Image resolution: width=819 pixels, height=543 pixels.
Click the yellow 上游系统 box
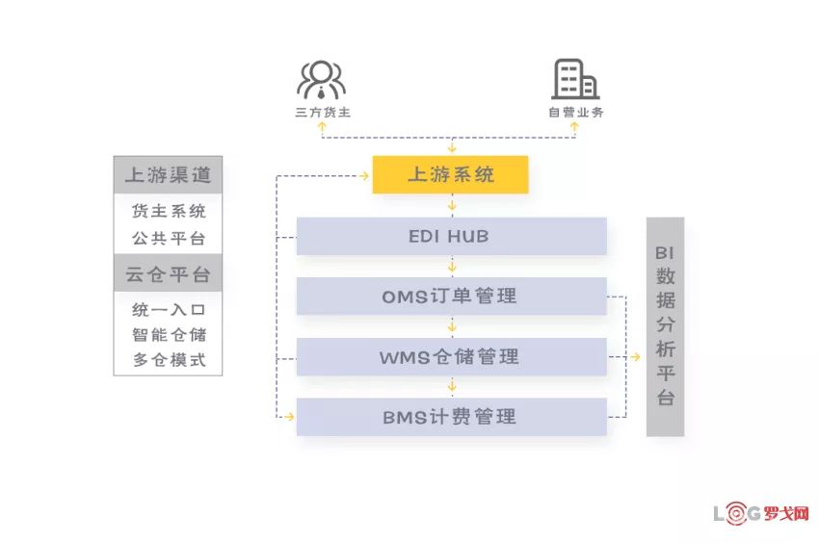click(x=450, y=174)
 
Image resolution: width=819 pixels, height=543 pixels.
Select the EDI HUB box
click(x=451, y=236)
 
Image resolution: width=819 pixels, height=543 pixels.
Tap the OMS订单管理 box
click(x=451, y=297)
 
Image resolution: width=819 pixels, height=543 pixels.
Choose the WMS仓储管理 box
click(x=451, y=357)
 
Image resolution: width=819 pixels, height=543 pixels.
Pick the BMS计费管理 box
click(x=451, y=417)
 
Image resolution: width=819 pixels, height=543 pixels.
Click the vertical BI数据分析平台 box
click(x=665, y=326)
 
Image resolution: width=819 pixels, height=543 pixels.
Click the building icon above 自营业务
click(x=575, y=79)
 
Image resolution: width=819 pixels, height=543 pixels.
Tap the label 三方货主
click(x=322, y=113)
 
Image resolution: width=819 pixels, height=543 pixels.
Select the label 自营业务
click(x=576, y=113)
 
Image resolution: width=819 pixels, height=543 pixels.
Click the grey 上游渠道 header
click(x=168, y=175)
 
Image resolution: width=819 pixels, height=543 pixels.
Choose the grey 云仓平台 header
click(x=168, y=273)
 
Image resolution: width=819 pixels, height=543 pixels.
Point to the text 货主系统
click(x=169, y=211)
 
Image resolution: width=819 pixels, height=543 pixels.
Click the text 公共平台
click(x=169, y=238)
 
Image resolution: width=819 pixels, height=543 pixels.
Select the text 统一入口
click(x=169, y=310)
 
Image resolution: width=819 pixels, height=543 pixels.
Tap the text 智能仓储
click(x=169, y=335)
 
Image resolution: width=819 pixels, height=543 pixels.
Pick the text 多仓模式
click(x=169, y=361)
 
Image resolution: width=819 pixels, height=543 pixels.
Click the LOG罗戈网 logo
click(x=760, y=514)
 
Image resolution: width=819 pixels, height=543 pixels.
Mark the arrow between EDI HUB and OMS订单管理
click(x=451, y=267)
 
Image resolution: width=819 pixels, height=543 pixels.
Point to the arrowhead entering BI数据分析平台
click(x=635, y=357)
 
